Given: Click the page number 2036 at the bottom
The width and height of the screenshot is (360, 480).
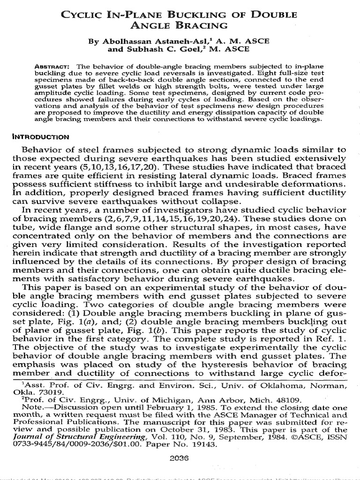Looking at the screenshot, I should click(x=180, y=460).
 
